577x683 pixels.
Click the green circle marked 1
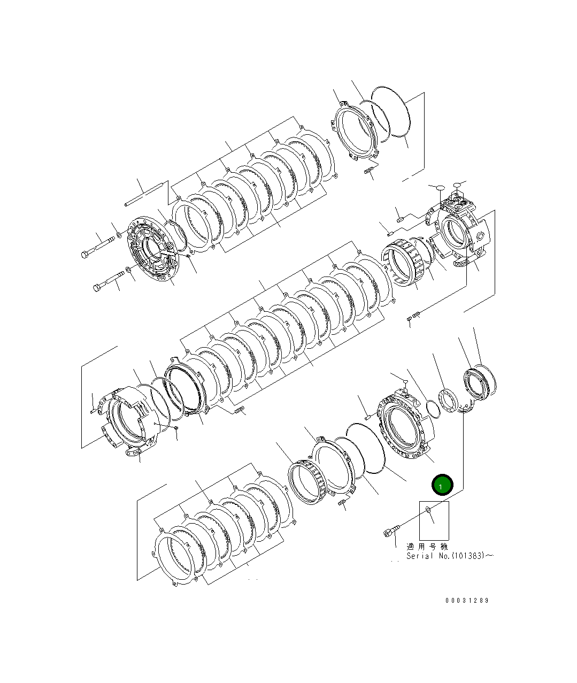pos(442,485)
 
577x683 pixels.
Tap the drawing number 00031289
pos(466,600)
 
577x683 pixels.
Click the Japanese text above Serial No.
pos(427,547)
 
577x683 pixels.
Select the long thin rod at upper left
pos(144,195)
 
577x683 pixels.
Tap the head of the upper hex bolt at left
pos(86,254)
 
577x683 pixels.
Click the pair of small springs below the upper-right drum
pos(413,317)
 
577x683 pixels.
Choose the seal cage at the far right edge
pos(481,383)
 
